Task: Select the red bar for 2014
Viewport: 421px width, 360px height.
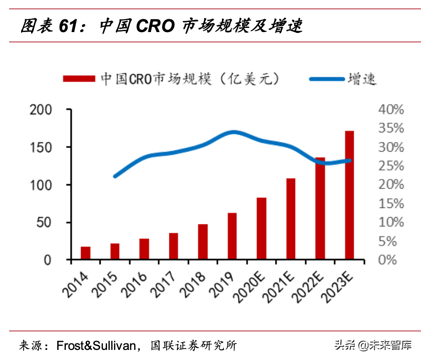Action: coord(86,253)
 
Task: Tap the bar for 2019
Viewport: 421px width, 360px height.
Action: coord(232,236)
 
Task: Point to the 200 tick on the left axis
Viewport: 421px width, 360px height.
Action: coord(41,110)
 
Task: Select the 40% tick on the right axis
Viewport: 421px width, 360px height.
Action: coord(391,110)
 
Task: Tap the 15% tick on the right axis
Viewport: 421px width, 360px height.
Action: coord(391,204)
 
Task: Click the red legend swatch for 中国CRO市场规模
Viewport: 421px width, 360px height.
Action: coord(78,79)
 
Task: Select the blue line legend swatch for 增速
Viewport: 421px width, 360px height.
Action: coord(327,79)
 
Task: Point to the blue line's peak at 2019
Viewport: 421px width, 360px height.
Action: coord(232,133)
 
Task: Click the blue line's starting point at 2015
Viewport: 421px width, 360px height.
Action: coord(115,176)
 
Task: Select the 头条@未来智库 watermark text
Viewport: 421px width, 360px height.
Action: coord(372,345)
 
